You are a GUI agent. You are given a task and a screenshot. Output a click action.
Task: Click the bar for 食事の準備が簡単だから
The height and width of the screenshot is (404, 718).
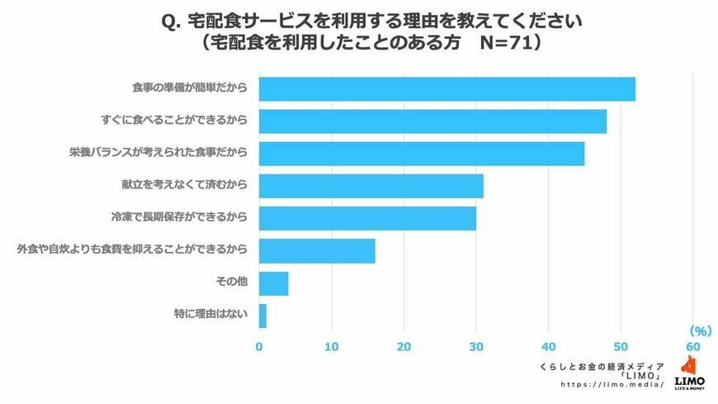446,88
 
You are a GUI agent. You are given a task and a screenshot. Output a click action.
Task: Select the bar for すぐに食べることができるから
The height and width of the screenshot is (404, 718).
432,121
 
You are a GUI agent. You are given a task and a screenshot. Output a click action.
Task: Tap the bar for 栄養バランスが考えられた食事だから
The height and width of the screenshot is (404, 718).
421,154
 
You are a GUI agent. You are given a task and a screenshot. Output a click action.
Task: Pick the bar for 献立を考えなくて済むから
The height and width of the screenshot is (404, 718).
371,186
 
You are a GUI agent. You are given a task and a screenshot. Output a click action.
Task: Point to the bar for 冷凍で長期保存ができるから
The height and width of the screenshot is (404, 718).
367,218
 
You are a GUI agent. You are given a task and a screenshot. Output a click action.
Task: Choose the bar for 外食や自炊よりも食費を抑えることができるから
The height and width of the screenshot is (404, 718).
317,250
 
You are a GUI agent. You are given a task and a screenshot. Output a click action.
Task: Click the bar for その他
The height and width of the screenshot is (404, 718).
273,283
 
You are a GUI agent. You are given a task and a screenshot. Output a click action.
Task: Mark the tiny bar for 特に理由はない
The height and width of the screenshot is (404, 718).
262,316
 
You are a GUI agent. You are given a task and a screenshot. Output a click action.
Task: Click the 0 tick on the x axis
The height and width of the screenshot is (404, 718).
259,346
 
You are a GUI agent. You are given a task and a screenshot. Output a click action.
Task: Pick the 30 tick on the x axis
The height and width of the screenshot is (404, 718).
476,346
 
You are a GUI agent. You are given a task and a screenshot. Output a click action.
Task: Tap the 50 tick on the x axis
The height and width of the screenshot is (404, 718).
621,346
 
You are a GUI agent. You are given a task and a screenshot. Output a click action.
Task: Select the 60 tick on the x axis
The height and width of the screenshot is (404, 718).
693,346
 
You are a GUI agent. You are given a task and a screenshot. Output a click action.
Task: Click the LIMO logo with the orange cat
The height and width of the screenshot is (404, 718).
690,373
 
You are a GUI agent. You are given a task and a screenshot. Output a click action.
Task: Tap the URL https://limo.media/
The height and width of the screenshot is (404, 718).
612,385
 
